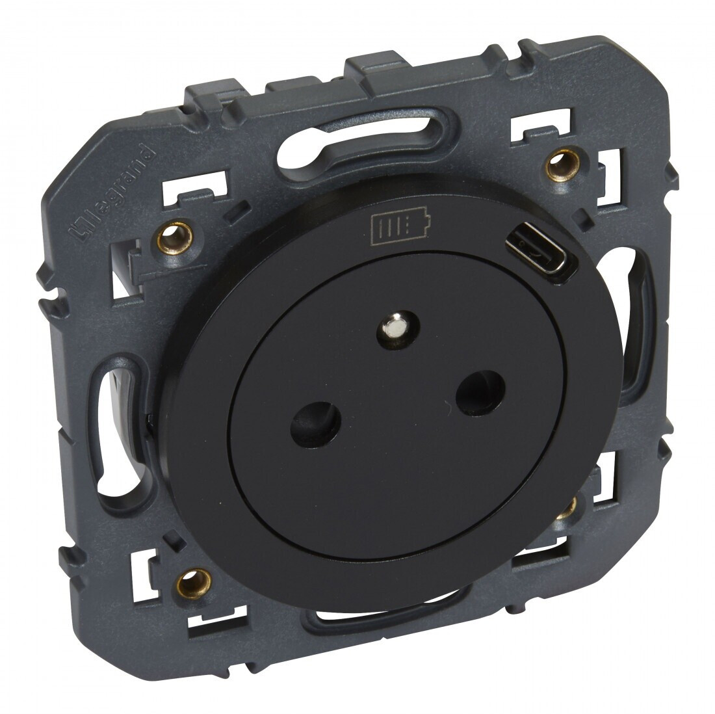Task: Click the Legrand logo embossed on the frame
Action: point(113,192)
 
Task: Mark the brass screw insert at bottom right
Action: point(571,505)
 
